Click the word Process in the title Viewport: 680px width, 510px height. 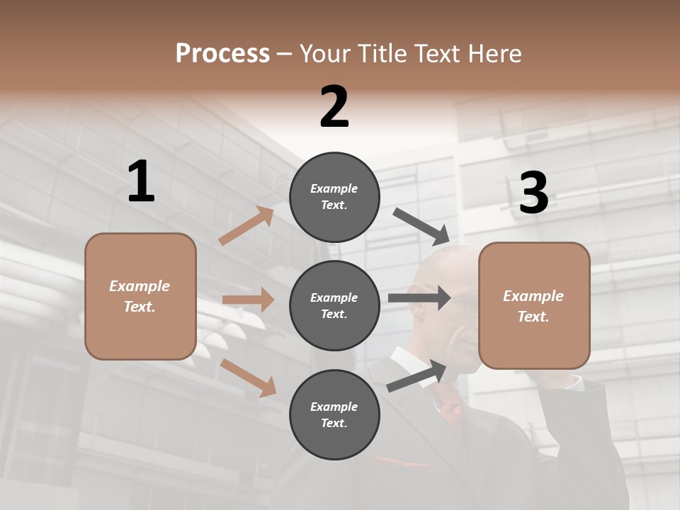[222, 54]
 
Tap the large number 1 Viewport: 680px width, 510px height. [141, 181]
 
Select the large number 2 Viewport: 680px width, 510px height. [334, 107]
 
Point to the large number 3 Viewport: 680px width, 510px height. [534, 193]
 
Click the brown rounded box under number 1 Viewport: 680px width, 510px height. [140, 296]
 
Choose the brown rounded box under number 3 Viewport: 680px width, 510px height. [534, 305]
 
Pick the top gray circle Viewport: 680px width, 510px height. [334, 197]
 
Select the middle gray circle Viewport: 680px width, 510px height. [334, 305]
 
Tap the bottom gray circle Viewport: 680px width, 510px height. [334, 414]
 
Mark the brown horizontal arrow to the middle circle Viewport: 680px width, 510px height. [248, 300]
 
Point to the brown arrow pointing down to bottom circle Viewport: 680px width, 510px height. [248, 378]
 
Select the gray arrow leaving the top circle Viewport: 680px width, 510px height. [422, 226]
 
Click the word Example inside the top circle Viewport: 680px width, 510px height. [334, 188]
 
